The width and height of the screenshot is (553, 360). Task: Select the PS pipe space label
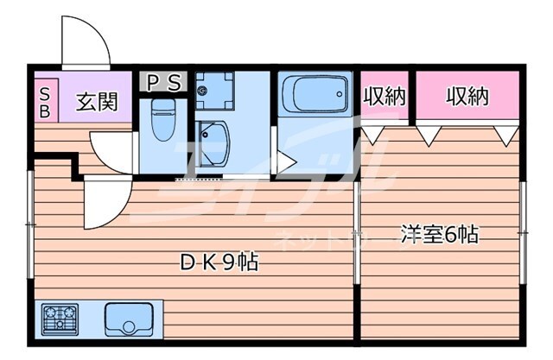(162, 83)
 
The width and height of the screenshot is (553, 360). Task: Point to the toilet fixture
(162, 121)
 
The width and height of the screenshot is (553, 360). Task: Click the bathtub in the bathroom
(314, 96)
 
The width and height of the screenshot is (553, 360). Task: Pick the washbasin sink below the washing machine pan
(212, 136)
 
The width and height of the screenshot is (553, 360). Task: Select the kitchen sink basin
(132, 320)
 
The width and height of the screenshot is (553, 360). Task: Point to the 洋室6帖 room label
(439, 233)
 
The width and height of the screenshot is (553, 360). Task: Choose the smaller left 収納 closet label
(384, 98)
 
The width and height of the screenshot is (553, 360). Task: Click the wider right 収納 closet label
(467, 98)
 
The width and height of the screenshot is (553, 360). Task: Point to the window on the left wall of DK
(30, 224)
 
